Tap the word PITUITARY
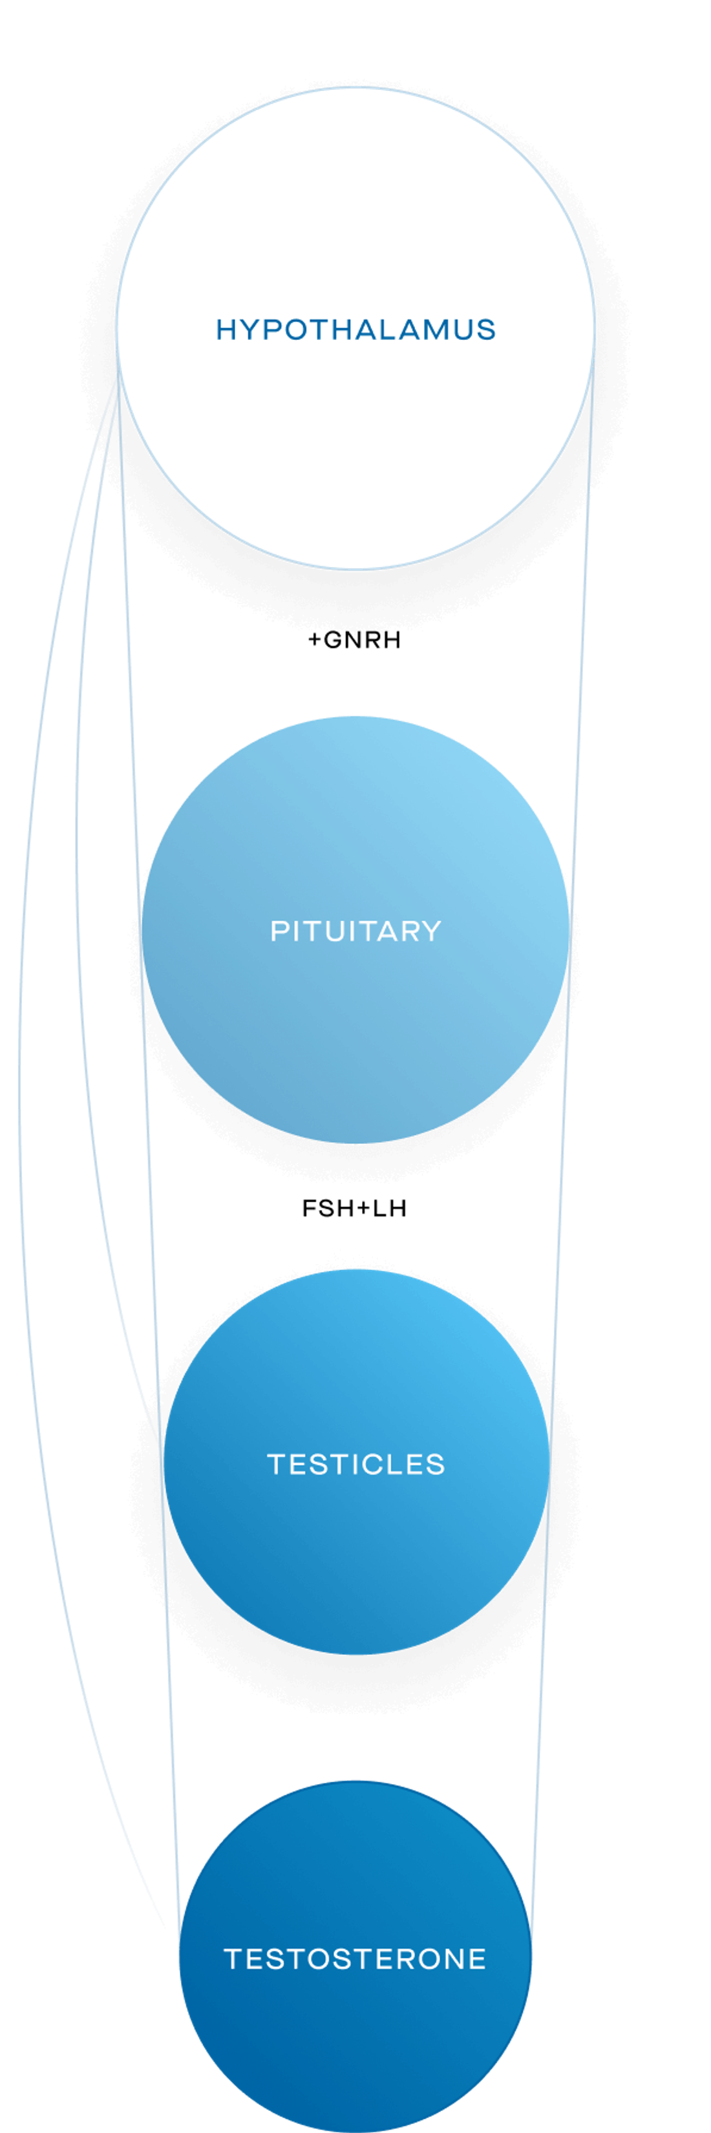(356, 931)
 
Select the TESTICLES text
(356, 1464)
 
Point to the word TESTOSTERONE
(355, 1958)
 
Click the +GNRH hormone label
(354, 640)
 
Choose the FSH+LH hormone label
(354, 1208)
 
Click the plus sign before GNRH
(315, 640)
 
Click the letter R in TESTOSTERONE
(407, 1958)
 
